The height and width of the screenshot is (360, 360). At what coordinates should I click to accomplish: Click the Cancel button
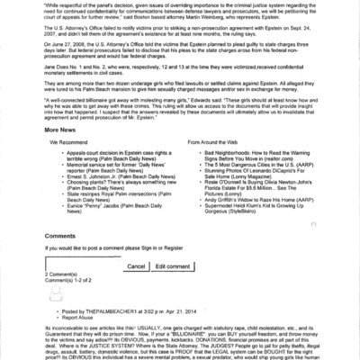(x=136, y=267)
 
